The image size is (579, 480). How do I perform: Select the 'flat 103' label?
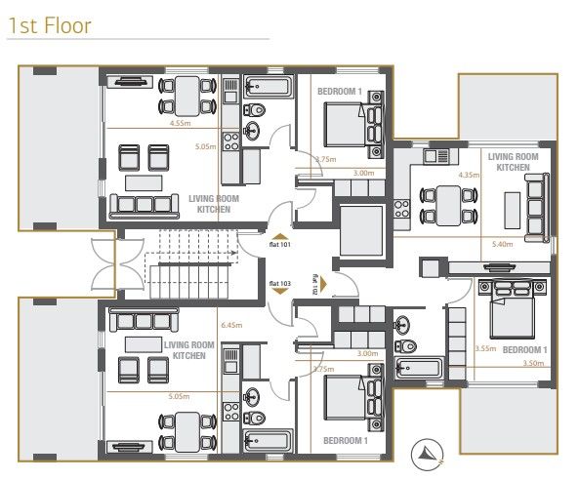[279, 283]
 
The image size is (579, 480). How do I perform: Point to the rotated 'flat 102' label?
[315, 283]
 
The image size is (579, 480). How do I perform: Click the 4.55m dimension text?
[179, 124]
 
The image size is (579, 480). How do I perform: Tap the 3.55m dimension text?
[485, 348]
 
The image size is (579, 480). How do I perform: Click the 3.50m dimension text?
[532, 363]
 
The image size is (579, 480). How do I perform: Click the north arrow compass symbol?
[428, 451]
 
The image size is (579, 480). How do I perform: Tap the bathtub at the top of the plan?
[267, 85]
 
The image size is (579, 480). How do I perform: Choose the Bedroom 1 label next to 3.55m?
[524, 348]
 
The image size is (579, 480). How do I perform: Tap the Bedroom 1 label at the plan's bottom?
[345, 440]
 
